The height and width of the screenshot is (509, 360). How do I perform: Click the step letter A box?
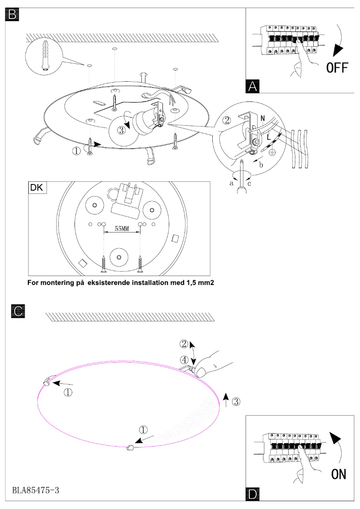pyautogui.click(x=253, y=86)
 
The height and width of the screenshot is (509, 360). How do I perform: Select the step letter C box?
pyautogui.click(x=18, y=311)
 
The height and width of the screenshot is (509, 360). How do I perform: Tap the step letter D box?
pyautogui.click(x=253, y=494)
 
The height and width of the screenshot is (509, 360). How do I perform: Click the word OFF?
pyautogui.click(x=337, y=68)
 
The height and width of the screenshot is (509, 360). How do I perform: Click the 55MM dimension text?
pyautogui.click(x=122, y=229)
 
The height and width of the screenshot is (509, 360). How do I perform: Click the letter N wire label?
pyautogui.click(x=262, y=118)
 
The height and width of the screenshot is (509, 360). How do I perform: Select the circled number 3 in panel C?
pyautogui.click(x=236, y=401)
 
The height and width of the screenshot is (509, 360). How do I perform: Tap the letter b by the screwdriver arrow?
pyautogui.click(x=260, y=165)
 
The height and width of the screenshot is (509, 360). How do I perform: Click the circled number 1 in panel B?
pyautogui.click(x=77, y=151)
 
